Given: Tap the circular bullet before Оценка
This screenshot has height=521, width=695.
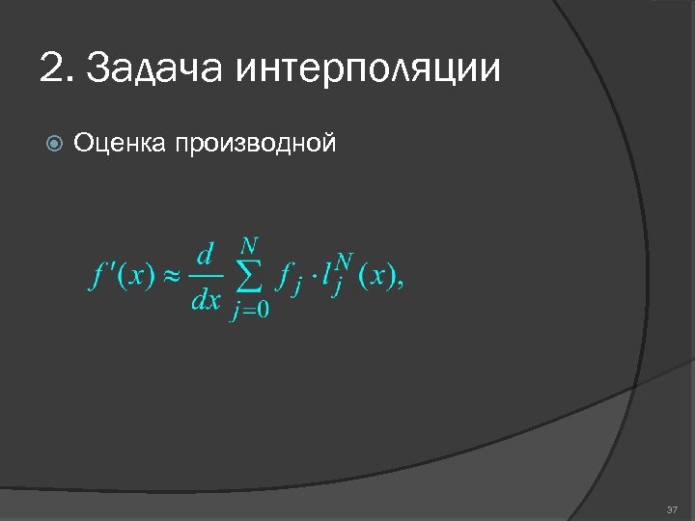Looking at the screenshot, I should (x=54, y=144).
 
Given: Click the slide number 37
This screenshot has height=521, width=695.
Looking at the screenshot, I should (x=673, y=508).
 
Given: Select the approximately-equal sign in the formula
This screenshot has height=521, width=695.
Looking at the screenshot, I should (x=170, y=277).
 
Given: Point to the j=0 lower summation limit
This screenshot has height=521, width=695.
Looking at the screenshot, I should (x=250, y=311).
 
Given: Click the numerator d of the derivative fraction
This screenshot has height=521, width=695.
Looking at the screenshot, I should (x=205, y=257).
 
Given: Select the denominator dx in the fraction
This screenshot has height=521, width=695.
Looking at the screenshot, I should (x=206, y=300).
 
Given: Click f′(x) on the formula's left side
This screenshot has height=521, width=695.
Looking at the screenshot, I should (x=122, y=277).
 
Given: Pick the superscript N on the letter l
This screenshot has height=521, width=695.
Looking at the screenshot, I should (x=345, y=262).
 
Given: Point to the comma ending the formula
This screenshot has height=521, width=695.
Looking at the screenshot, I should (x=400, y=284).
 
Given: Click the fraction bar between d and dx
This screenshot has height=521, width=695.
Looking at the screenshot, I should (x=206, y=278).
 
